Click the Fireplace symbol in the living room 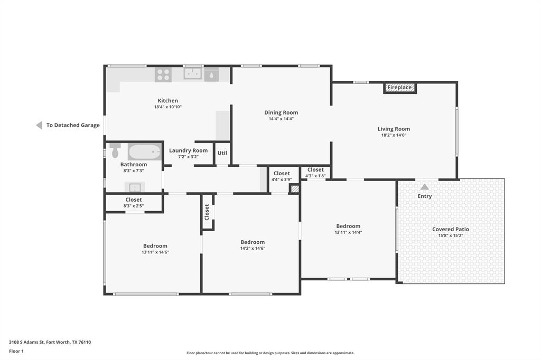tap(400, 88)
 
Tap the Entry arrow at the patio tap(424, 187)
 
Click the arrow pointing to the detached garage tap(39, 125)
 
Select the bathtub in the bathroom tap(144, 152)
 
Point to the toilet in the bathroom tap(115, 150)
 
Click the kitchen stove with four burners tap(163, 74)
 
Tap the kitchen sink tap(193, 74)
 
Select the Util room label tap(222, 153)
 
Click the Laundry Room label tap(188, 150)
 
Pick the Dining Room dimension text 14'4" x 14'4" tap(281, 119)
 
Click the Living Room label tap(394, 129)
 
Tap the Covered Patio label tap(451, 229)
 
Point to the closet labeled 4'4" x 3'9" tap(282, 176)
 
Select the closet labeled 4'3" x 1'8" tap(315, 173)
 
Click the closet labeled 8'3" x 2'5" tap(133, 203)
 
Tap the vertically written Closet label tap(207, 212)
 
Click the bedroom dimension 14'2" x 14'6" tap(253, 248)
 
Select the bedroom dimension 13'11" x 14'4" tap(348, 232)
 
